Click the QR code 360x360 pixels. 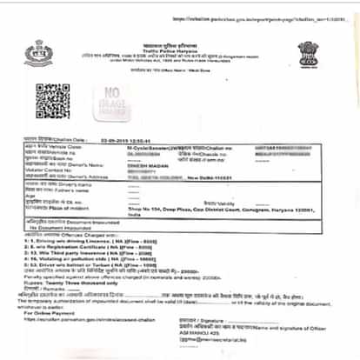[x=51, y=102]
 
